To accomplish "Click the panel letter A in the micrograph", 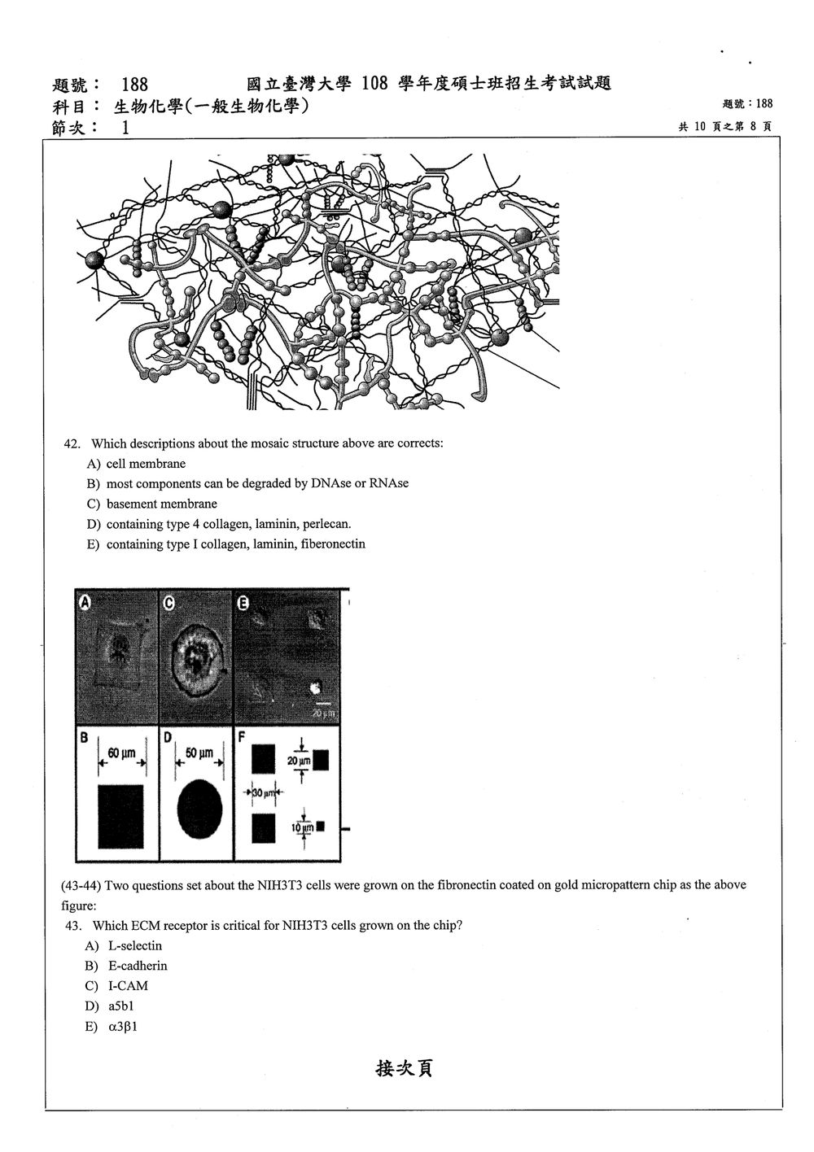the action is click(85, 602).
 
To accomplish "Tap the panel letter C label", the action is click(168, 603).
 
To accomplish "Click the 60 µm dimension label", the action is click(121, 753).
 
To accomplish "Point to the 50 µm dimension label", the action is click(199, 753).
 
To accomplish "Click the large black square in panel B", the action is click(121, 816).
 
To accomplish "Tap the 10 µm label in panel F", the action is click(303, 828).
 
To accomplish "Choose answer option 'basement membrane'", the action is click(161, 504).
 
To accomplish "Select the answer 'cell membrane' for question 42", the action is click(146, 464).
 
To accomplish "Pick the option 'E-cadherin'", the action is click(138, 966).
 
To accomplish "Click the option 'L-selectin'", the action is click(135, 946).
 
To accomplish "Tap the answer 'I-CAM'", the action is click(128, 986).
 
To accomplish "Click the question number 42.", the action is click(72, 444).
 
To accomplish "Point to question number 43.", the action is click(73, 926).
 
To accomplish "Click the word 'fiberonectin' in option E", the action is click(333, 544).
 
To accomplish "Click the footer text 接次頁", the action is click(404, 1068).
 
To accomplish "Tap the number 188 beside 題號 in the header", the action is click(135, 85).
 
